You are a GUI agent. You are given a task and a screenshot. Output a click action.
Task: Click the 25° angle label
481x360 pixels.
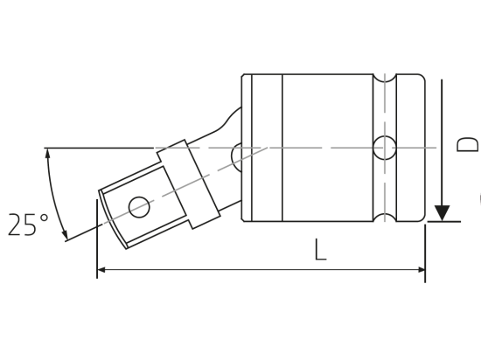tap(27, 225)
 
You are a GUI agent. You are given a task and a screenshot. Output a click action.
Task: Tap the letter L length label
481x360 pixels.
tap(320, 250)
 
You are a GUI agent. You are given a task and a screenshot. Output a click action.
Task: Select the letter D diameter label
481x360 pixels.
tap(468, 144)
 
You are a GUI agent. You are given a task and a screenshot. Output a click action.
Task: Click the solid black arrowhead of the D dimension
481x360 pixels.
tap(443, 212)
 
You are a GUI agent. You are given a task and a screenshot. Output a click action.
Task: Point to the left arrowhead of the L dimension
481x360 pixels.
tap(102, 269)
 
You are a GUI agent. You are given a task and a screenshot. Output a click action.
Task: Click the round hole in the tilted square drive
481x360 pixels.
tap(138, 207)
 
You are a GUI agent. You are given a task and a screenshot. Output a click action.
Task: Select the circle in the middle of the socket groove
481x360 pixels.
tap(385, 148)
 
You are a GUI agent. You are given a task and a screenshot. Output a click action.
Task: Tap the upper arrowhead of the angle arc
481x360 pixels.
tap(48, 154)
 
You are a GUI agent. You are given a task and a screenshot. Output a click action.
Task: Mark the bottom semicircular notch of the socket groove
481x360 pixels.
tap(385, 216)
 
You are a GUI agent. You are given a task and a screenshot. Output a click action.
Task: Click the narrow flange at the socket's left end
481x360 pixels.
tap(247, 148)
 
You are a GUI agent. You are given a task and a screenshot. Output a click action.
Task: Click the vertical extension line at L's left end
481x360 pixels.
tap(97, 240)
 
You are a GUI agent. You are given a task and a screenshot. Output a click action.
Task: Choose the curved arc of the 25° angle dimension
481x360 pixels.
tap(54, 192)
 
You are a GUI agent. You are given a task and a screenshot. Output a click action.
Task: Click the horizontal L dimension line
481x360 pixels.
tap(262, 269)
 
